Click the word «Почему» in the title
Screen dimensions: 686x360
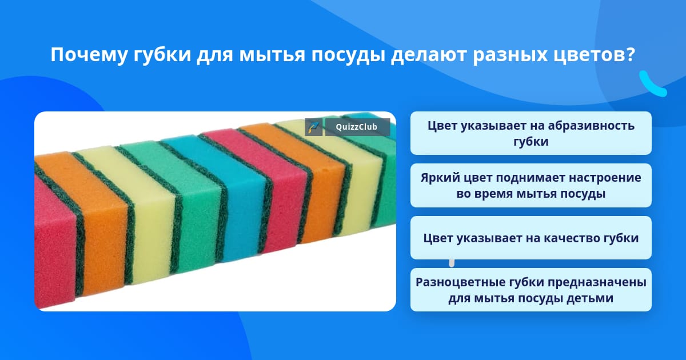[89, 55]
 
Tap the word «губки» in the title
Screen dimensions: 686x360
[162, 55]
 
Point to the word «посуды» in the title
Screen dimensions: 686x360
[348, 55]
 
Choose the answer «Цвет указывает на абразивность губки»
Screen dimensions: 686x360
[531, 133]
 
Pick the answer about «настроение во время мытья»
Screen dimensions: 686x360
[531, 186]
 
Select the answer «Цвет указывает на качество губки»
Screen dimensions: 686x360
[531, 238]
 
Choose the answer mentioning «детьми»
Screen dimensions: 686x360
[531, 290]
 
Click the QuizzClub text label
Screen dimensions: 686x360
[357, 127]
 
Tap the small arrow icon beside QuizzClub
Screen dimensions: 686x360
[314, 127]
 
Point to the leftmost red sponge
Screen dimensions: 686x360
[54, 242]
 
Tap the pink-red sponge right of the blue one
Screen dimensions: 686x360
[269, 187]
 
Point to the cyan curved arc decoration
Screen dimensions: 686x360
[652, 84]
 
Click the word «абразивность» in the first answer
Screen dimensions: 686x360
[591, 126]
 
